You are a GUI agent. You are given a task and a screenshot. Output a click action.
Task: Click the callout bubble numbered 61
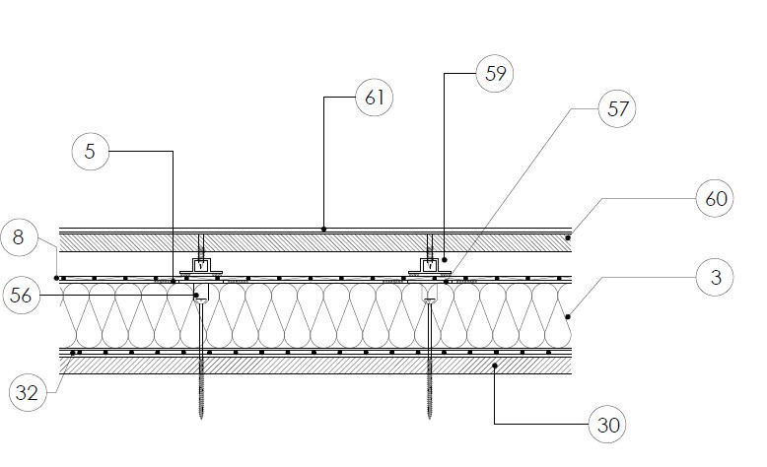point(375,98)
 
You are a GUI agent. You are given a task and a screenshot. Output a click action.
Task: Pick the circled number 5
point(92,152)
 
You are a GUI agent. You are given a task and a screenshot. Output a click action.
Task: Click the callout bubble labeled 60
point(717,199)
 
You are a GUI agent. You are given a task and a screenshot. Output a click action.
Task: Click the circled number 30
point(608,426)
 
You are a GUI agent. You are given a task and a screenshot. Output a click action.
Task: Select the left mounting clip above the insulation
point(200,265)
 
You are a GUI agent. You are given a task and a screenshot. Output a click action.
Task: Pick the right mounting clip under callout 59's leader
point(430,265)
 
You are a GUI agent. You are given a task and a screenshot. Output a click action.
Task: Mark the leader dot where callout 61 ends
point(325,229)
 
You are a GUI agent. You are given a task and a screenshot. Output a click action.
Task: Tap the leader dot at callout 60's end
point(569,237)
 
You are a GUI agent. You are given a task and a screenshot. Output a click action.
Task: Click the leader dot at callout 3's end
point(569,316)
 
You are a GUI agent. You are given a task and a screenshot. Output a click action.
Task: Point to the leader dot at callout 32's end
point(73,352)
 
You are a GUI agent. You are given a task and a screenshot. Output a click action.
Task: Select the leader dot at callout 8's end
point(57,278)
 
